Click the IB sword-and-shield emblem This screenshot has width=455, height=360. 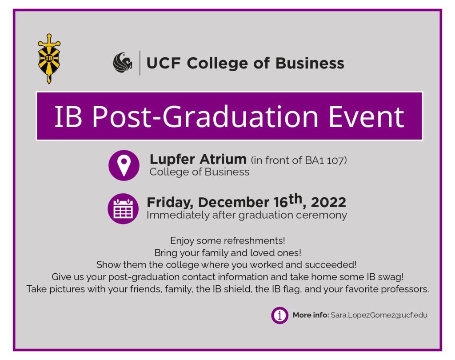click(49, 59)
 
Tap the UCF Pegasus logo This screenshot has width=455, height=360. click(123, 63)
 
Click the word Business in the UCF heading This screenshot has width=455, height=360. click(310, 63)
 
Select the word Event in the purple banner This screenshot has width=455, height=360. click(366, 117)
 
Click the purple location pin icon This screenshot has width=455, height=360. click(124, 165)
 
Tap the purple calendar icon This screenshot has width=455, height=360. click(123, 208)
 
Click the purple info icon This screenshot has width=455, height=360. click(280, 315)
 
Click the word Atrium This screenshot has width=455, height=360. click(223, 159)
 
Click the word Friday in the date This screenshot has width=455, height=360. click(170, 203)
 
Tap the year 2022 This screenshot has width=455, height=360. click(328, 202)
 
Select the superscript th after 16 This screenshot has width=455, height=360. click(295, 199)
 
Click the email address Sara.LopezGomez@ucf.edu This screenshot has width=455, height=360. click(379, 315)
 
